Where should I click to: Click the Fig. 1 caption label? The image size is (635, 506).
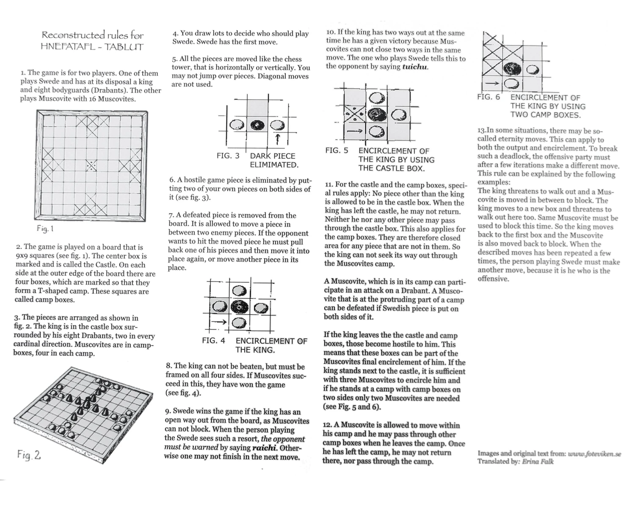(x=45, y=229)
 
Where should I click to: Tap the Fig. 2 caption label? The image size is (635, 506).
(x=29, y=455)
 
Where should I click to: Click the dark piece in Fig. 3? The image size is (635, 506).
(x=257, y=125)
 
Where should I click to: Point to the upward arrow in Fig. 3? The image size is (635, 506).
(x=278, y=138)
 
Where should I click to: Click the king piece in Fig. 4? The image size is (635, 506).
(x=240, y=306)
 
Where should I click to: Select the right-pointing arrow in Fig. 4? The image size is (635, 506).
(x=218, y=322)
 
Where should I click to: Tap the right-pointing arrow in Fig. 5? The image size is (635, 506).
(x=355, y=131)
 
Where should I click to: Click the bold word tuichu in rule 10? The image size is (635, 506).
(x=415, y=67)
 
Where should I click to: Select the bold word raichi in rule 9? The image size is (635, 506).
(x=265, y=448)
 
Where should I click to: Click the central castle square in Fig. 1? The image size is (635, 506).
(x=91, y=165)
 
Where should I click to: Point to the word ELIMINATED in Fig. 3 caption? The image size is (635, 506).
(x=274, y=165)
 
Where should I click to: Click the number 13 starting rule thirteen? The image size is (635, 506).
(x=481, y=131)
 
